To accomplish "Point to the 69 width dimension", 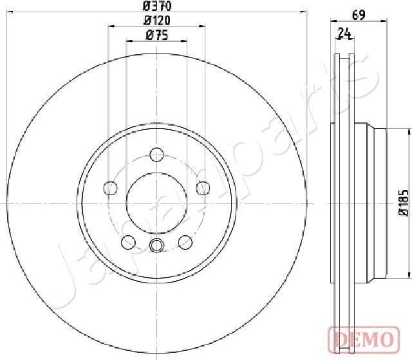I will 359,16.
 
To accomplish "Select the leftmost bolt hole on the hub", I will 111,188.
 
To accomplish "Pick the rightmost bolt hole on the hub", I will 202,188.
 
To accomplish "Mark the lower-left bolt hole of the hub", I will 128,242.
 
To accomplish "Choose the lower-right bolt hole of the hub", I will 185,242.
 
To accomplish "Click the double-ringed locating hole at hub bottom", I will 156,245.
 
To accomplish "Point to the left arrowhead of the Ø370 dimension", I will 8,12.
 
